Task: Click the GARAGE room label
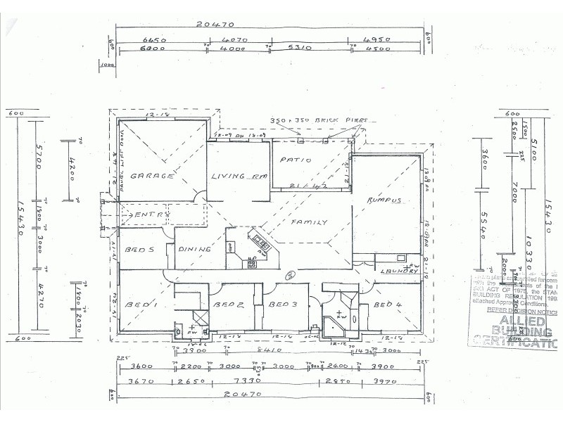pos(151,176)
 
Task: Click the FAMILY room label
pos(310,222)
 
